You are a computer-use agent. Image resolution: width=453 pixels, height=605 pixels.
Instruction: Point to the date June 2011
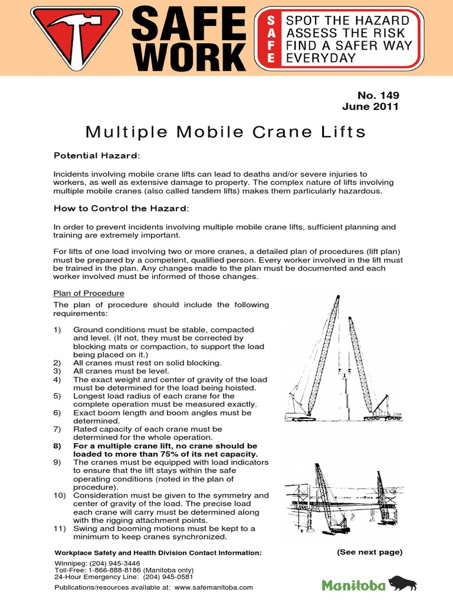pos(370,107)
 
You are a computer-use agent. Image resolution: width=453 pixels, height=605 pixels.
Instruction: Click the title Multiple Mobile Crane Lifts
pos(226,131)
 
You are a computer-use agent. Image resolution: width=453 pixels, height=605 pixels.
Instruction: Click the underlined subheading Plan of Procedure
pos(89,294)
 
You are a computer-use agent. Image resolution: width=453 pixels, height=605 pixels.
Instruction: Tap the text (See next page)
pos(369,552)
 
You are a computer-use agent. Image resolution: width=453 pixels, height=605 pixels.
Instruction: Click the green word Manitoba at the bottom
pos(354,585)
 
